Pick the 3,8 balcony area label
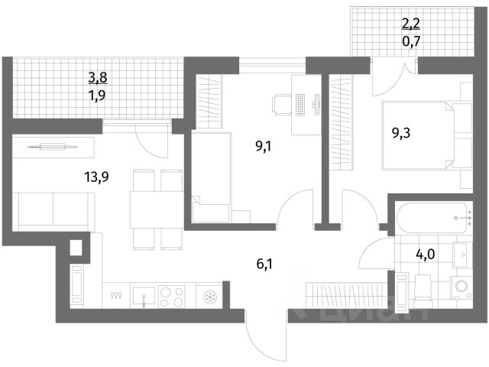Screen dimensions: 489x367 98,76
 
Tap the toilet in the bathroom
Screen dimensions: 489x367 423,287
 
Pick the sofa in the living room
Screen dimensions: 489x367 53,207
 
